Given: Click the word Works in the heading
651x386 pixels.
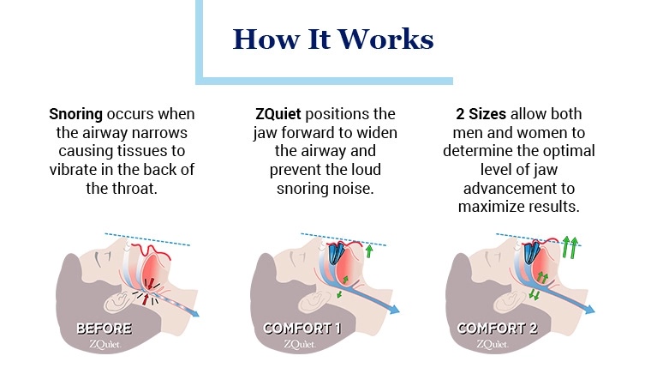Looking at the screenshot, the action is click(385, 39).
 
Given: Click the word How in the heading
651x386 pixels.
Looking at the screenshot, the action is click(266, 39).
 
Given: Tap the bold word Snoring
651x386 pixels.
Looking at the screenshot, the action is click(75, 114).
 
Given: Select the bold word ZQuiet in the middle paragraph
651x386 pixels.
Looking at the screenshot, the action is click(278, 114).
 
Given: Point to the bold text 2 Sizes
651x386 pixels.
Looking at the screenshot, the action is click(481, 114).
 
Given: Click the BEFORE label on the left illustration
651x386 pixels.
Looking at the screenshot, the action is click(105, 329).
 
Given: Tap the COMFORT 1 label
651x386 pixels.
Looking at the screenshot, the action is click(302, 329).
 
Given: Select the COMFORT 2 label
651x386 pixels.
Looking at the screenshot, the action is click(498, 329).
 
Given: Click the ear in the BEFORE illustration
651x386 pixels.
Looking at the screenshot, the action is click(118, 301).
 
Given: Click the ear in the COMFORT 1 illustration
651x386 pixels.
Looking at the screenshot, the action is click(313, 301).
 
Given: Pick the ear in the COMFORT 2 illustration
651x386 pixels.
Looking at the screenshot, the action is click(508, 301).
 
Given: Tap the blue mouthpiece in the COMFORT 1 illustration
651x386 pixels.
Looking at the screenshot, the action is click(337, 253).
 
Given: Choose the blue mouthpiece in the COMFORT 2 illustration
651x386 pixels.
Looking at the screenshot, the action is click(531, 252).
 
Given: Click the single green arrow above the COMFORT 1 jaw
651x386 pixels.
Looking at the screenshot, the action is click(368, 250).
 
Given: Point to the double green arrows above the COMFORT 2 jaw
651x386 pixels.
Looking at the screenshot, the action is click(570, 248).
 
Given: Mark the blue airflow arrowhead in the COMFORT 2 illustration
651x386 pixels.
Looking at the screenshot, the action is click(589, 310).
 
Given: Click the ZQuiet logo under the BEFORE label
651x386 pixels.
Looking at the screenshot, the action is click(105, 345).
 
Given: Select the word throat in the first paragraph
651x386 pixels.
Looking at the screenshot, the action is click(135, 189).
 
